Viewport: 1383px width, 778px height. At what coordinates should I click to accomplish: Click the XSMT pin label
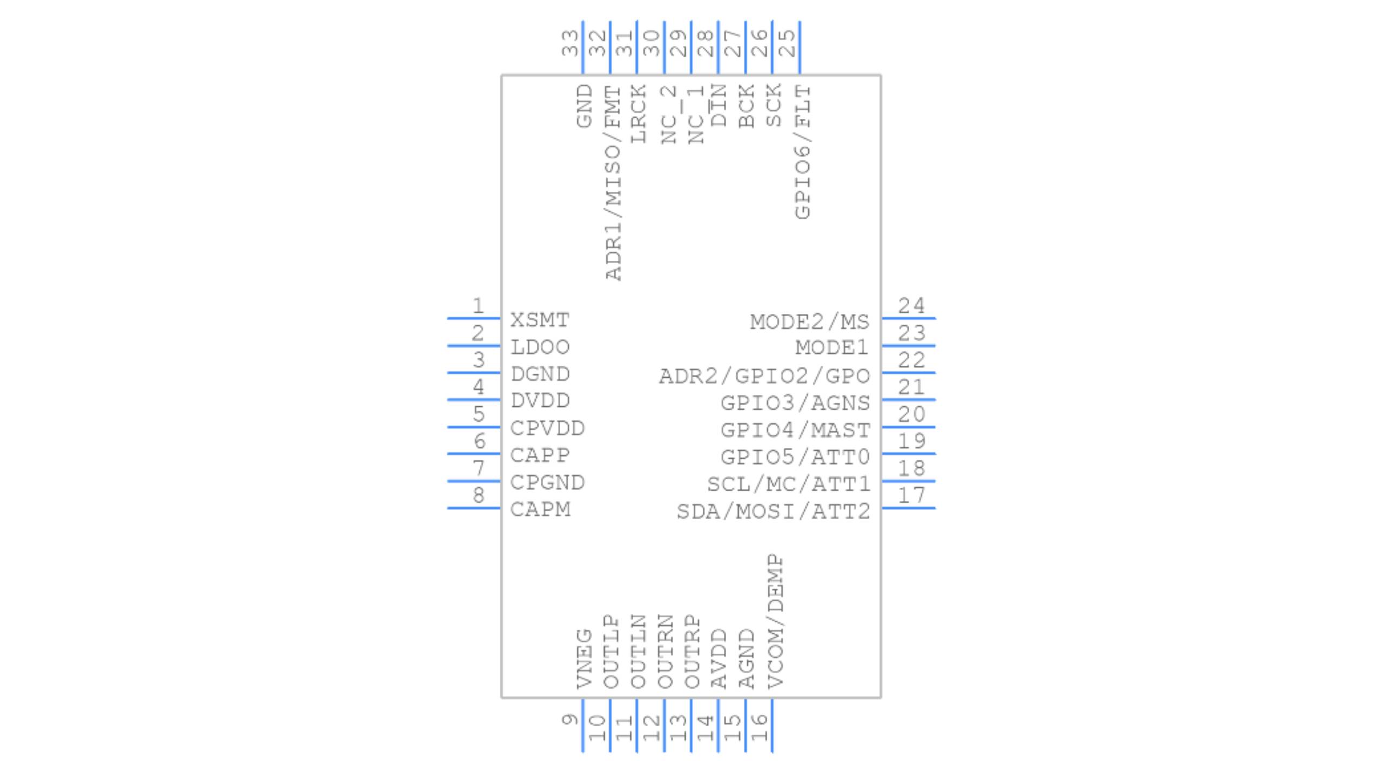tap(540, 320)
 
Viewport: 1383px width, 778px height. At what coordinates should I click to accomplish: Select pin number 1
tap(478, 306)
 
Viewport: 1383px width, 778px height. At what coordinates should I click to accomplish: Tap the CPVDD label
tap(547, 428)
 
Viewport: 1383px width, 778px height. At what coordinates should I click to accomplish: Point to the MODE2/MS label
tap(809, 322)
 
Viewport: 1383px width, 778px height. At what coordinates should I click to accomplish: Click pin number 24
tap(911, 306)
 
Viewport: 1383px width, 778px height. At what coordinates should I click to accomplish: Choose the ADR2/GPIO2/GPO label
tap(764, 376)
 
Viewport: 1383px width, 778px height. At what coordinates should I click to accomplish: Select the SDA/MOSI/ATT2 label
tap(773, 511)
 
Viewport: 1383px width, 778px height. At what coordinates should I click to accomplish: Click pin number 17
tap(911, 495)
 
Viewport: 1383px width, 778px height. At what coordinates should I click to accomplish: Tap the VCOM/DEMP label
tap(775, 621)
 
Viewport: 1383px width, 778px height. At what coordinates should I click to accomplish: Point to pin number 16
tap(759, 720)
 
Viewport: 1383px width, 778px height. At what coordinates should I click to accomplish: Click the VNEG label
tap(585, 658)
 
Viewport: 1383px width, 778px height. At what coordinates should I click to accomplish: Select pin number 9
tap(569, 720)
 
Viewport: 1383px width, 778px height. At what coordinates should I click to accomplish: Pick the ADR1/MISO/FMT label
tap(613, 183)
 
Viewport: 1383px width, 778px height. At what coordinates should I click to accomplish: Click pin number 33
tap(569, 43)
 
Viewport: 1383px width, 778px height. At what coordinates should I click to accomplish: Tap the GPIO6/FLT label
tap(803, 151)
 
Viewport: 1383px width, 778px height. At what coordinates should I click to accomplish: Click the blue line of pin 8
tap(474, 508)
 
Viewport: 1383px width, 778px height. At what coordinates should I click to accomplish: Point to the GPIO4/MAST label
tap(795, 430)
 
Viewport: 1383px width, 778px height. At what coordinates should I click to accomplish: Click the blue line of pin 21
tap(909, 399)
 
